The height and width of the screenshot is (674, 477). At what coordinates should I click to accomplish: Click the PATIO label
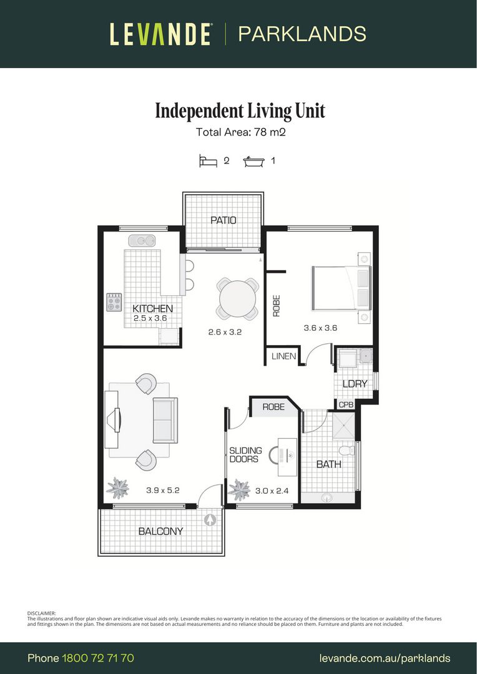[x=223, y=220]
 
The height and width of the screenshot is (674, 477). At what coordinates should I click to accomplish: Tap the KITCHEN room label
[x=152, y=308]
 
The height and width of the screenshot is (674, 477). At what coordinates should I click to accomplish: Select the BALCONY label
[x=160, y=531]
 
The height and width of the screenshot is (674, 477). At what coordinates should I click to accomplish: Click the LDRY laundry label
[x=355, y=384]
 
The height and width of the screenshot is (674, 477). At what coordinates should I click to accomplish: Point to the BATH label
[x=328, y=464]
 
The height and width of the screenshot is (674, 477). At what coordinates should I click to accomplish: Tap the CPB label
[x=346, y=405]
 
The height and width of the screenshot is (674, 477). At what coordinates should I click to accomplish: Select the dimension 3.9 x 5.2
[x=163, y=491]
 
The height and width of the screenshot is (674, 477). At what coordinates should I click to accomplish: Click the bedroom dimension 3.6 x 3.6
[x=320, y=328]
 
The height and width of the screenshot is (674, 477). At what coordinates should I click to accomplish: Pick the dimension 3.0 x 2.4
[x=272, y=491]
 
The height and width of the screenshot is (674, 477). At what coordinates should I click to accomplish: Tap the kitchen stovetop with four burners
[x=114, y=303]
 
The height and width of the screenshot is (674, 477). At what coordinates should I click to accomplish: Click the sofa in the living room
[x=165, y=420]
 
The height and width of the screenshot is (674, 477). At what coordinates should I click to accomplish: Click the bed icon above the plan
[x=208, y=161]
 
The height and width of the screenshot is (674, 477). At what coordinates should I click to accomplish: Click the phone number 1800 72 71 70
[x=98, y=658]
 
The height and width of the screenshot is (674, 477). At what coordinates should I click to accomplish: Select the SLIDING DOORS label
[x=245, y=455]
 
